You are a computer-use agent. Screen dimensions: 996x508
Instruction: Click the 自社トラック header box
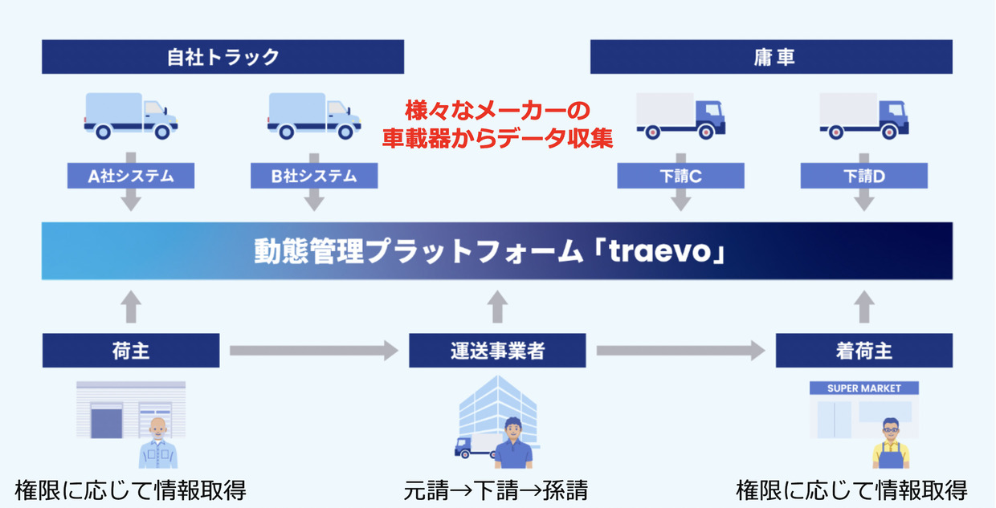(x=222, y=57)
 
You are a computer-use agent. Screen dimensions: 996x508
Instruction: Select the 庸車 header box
(x=771, y=57)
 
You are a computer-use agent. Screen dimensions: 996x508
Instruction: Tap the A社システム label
(x=131, y=176)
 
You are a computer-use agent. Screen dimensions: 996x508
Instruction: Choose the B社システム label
(x=314, y=176)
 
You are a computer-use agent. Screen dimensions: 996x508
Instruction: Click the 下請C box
(x=680, y=176)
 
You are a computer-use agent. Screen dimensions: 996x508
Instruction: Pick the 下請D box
(x=864, y=176)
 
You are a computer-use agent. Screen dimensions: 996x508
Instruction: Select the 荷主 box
(x=131, y=351)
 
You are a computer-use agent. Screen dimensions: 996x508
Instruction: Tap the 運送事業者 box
(x=497, y=351)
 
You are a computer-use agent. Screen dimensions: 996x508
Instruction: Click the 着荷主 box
(x=864, y=351)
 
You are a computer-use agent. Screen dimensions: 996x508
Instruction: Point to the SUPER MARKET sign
(x=864, y=388)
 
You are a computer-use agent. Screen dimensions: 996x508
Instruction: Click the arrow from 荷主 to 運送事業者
(x=314, y=351)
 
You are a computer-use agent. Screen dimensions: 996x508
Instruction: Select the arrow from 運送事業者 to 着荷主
(x=681, y=351)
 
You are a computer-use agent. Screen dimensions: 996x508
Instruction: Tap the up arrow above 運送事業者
(x=497, y=307)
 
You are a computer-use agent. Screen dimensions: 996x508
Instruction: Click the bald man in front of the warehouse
(x=158, y=443)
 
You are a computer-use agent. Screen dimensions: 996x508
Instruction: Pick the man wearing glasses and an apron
(x=891, y=443)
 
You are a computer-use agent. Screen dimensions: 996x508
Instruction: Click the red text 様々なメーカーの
(x=497, y=111)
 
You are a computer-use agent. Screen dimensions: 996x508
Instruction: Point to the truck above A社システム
(x=131, y=116)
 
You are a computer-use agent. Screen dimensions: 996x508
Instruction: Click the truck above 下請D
(x=864, y=116)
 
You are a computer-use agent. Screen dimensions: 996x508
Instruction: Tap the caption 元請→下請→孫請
(x=496, y=490)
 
